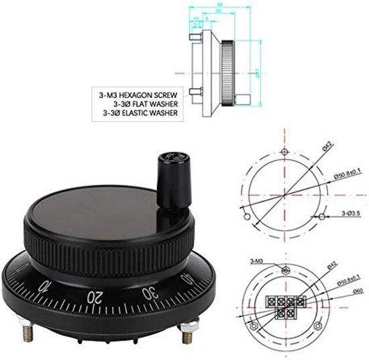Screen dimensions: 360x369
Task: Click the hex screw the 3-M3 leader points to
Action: pos(284,268)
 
